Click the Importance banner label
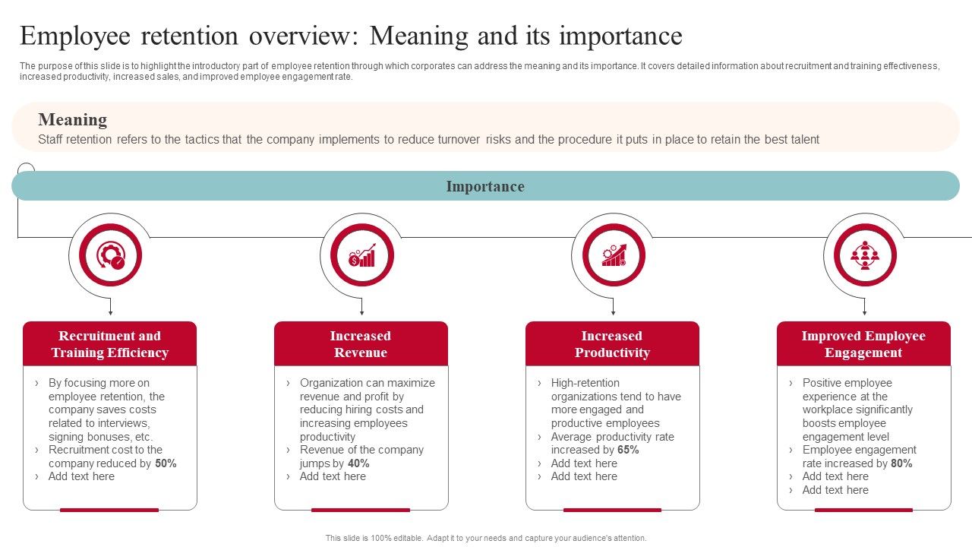point(485,187)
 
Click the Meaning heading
point(72,120)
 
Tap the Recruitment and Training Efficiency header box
point(109,344)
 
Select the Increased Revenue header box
point(361,344)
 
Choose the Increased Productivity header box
point(612,344)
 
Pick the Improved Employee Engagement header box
point(863,344)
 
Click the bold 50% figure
point(166,463)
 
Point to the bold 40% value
point(358,463)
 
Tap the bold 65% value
point(628,450)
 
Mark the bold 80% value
point(901,463)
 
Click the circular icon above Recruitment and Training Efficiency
point(110,255)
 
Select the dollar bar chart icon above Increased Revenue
point(361,255)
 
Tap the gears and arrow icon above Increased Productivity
point(613,255)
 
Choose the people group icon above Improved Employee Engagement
point(864,255)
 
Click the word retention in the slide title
point(190,36)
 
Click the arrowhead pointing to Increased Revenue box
point(361,311)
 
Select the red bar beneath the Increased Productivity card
point(612,510)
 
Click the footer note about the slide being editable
point(486,538)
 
